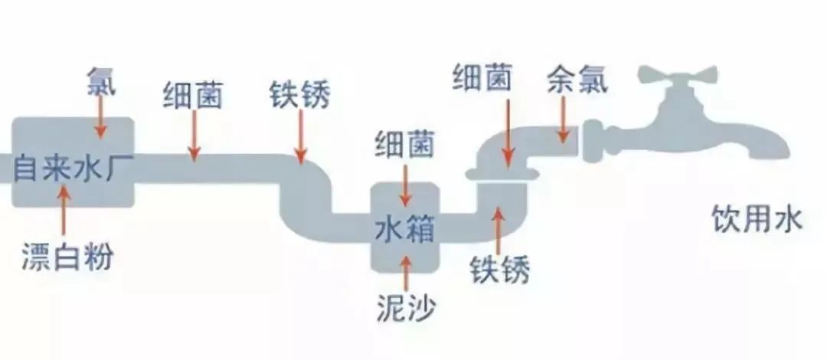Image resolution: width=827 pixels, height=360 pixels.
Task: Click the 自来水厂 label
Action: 65,167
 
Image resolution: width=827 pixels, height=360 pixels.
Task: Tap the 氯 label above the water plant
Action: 101,80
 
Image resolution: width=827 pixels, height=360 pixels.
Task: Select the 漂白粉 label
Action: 67,257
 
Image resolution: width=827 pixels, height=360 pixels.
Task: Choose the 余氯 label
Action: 577,80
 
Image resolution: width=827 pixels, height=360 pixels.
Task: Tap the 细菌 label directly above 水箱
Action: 404,144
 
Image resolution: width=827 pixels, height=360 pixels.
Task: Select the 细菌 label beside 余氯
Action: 482,79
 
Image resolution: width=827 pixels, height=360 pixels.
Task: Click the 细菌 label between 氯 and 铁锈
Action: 193,96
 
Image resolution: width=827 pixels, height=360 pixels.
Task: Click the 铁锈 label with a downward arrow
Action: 300,94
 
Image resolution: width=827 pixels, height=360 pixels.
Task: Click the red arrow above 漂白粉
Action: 64,210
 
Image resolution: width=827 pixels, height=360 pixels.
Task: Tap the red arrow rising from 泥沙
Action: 406,273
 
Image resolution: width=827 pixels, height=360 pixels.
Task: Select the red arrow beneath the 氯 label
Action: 100,116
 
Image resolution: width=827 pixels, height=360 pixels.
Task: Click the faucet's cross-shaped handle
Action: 678,76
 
